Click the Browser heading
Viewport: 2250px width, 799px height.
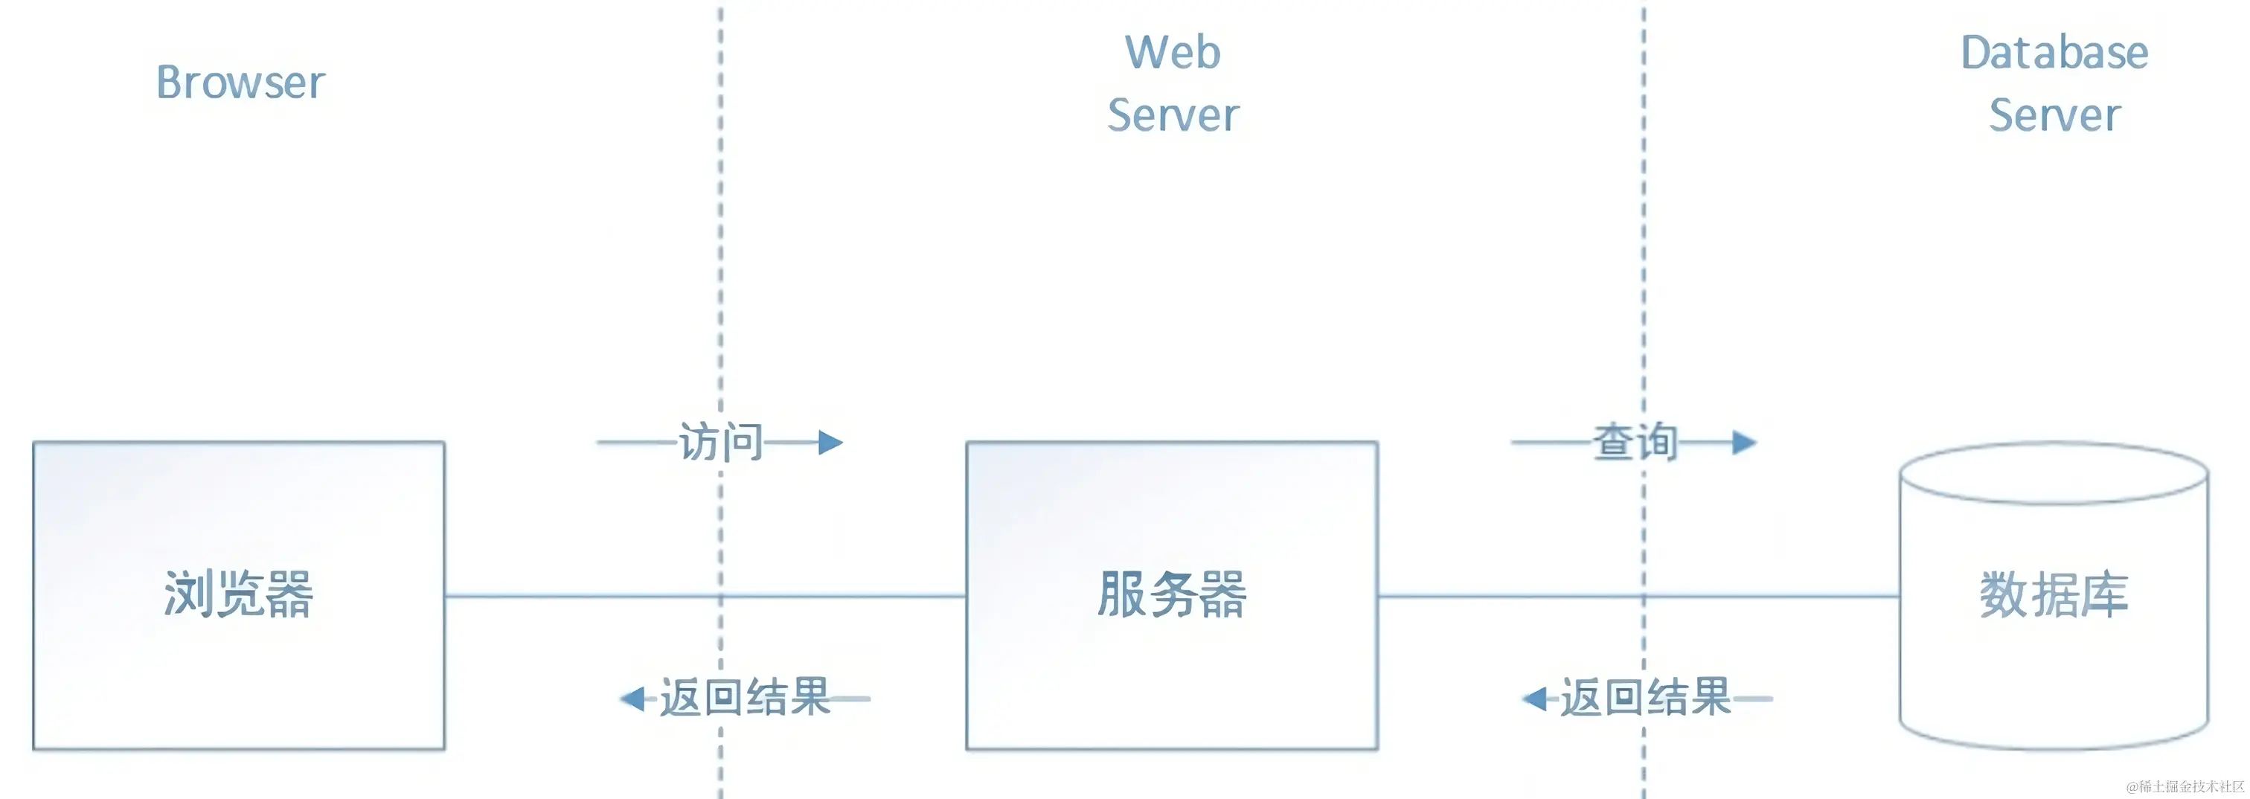240,83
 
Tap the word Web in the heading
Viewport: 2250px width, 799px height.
1172,52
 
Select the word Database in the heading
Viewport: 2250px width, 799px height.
2054,52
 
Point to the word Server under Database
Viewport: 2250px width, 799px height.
2054,115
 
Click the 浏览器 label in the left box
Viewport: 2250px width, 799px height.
238,594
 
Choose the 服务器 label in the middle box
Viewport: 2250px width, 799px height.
1172,594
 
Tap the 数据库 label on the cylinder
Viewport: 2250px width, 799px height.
2054,594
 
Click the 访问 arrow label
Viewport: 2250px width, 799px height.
720,442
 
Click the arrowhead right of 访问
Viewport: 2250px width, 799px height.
830,443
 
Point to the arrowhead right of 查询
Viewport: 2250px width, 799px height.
1744,443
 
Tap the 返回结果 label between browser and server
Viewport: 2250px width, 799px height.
744,698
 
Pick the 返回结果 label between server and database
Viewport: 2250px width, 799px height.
1646,698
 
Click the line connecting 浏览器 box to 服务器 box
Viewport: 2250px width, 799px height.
612,597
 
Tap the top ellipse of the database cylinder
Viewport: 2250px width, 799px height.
2054,474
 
